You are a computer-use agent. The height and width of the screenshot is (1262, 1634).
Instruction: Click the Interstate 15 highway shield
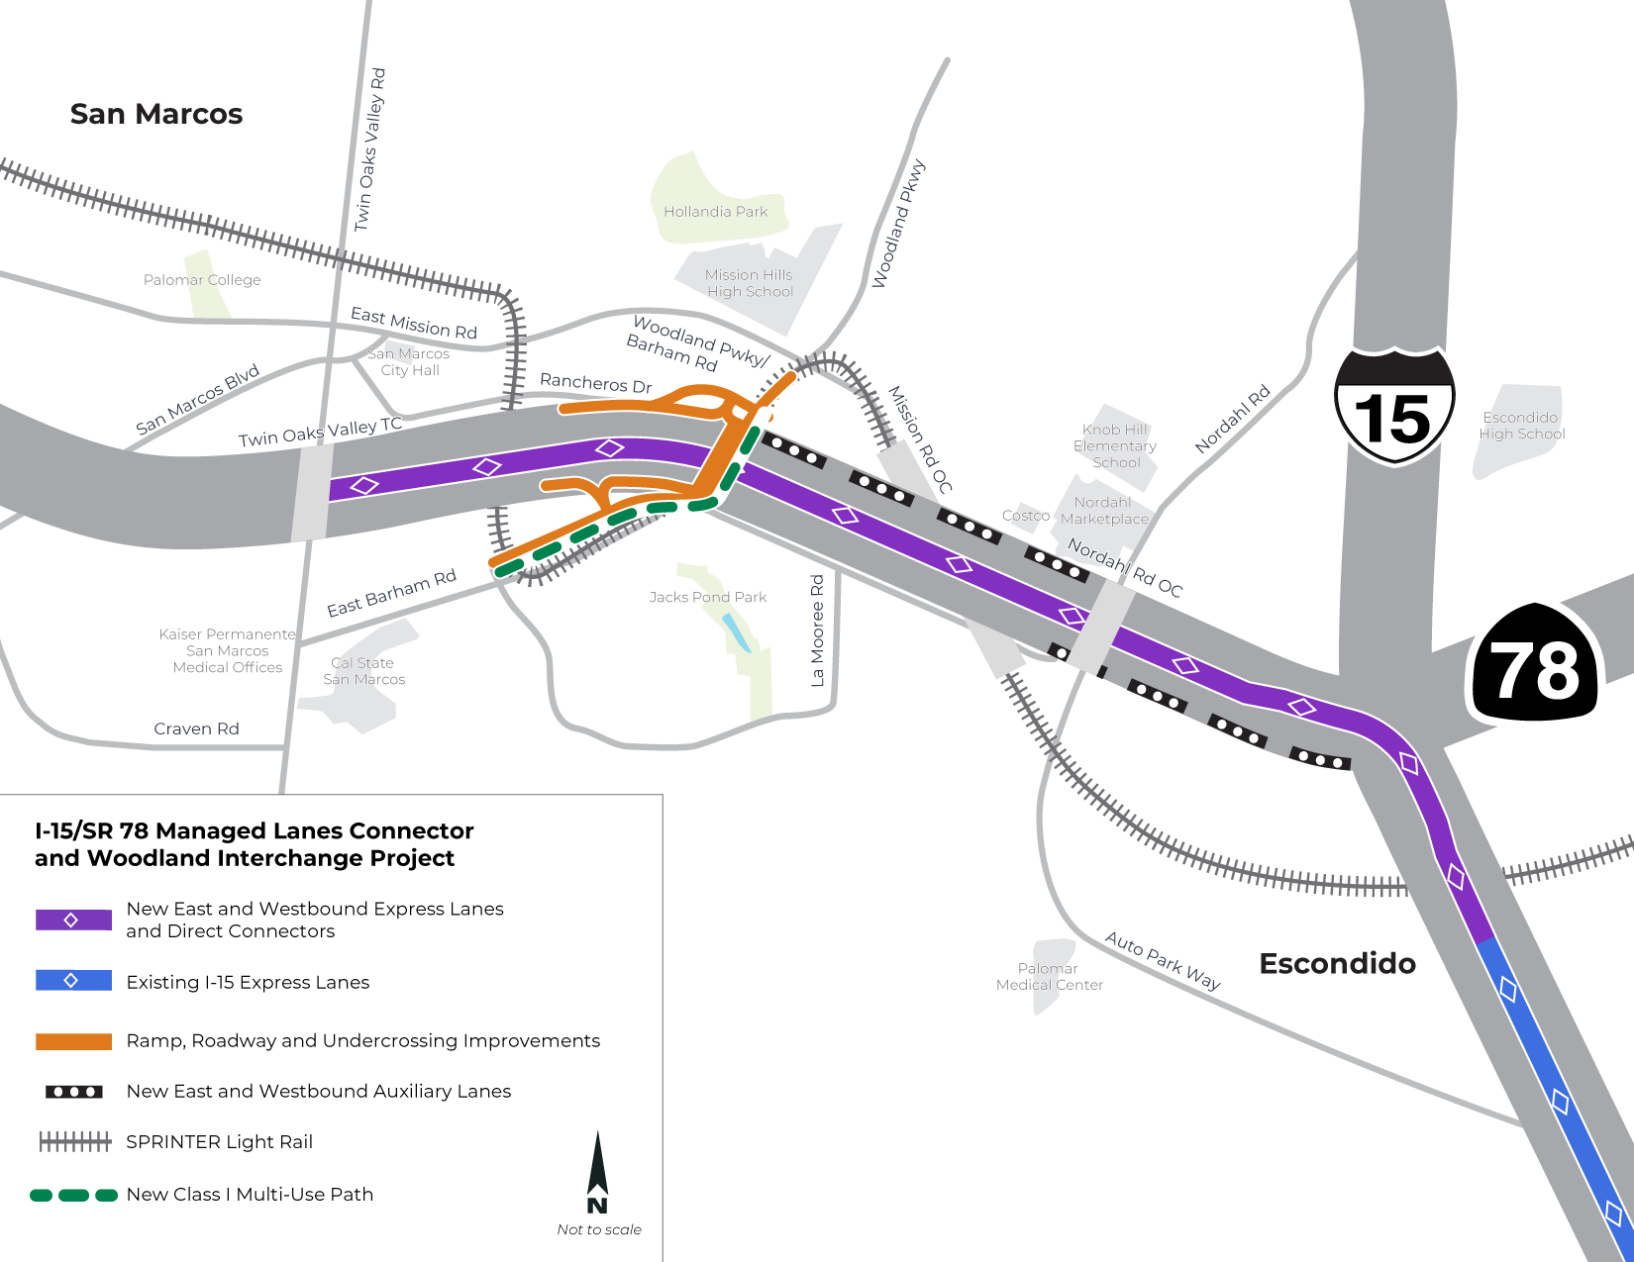tap(1394, 407)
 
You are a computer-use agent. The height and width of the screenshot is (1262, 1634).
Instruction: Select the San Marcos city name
tap(156, 114)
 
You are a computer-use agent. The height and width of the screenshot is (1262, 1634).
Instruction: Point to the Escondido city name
tap(1337, 963)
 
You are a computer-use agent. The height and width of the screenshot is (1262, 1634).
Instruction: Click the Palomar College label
tap(202, 280)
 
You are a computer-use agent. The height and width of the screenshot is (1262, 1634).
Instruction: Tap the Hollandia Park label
tap(715, 212)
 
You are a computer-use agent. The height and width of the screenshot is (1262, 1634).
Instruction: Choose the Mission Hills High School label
tap(750, 283)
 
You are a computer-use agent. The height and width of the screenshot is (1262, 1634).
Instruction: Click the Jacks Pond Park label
tap(708, 597)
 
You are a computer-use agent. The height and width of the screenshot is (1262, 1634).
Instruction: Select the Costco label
tap(1025, 516)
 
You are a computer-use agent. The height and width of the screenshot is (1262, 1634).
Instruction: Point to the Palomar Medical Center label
tap(1049, 977)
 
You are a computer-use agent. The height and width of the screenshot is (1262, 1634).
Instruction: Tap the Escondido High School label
tap(1522, 426)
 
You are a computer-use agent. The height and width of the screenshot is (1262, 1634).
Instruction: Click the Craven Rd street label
tap(196, 728)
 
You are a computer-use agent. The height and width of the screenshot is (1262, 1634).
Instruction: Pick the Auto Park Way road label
tap(1163, 960)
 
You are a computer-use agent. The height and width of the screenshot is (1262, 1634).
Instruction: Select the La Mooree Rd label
tap(817, 631)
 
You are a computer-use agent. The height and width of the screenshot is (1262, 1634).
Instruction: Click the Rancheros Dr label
tap(595, 383)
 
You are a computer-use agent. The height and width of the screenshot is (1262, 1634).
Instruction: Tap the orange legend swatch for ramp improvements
tap(73, 1041)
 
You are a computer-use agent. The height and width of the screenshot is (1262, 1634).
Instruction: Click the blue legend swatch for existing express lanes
tap(73, 980)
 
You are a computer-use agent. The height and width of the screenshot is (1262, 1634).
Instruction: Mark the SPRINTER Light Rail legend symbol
tap(74, 1142)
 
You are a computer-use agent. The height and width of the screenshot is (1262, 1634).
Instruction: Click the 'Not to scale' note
tap(599, 1229)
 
